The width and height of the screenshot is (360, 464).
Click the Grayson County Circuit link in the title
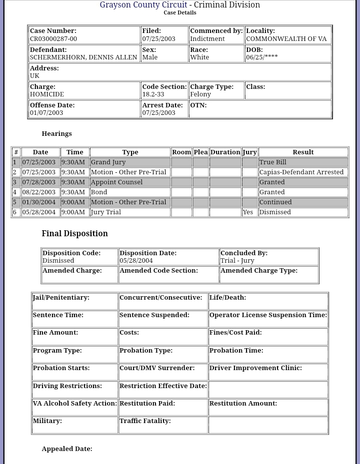(x=143, y=5)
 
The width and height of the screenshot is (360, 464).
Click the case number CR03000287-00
(x=53, y=39)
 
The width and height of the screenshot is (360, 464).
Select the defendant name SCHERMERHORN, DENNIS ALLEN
(x=83, y=57)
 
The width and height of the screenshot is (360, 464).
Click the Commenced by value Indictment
(x=207, y=39)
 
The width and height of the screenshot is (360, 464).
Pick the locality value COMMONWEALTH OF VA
(x=286, y=39)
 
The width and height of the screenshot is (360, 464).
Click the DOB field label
(x=254, y=50)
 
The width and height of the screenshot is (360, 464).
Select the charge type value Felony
(x=200, y=94)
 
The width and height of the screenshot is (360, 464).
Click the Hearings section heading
(x=56, y=134)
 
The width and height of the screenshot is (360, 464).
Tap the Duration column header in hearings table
(x=225, y=152)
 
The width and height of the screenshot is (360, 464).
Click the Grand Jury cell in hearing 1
(x=108, y=162)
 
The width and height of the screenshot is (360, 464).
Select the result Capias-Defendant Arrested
(x=301, y=172)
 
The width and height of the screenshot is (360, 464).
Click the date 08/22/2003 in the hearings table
(x=39, y=192)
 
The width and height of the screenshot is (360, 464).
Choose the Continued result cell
(x=275, y=202)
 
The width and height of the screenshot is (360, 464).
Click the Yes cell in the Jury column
(x=247, y=212)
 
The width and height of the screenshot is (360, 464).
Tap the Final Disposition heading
(x=74, y=234)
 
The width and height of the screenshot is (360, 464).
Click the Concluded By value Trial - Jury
(x=237, y=261)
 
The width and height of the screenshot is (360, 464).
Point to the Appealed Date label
(x=67, y=449)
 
